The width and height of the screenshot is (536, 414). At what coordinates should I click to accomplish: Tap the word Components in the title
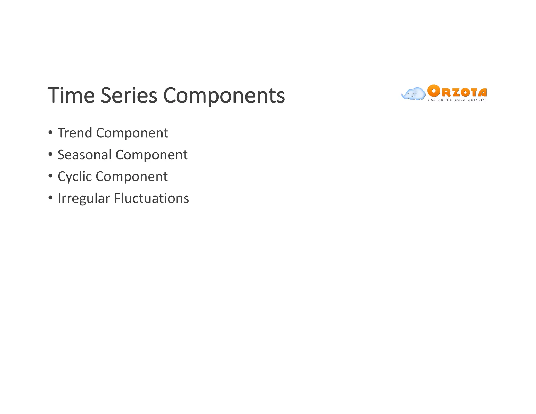point(224,96)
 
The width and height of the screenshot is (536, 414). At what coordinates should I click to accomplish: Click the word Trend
point(75,133)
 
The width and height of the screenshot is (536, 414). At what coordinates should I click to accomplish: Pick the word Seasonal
point(85,155)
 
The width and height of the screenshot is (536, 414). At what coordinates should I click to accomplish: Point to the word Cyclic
point(75,177)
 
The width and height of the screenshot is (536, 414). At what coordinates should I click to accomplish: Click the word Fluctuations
point(152,198)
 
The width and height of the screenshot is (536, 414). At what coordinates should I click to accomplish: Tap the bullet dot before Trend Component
point(50,132)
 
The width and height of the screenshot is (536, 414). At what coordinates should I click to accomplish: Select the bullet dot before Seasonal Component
point(50,154)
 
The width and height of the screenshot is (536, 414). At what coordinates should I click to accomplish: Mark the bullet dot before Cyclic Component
point(50,176)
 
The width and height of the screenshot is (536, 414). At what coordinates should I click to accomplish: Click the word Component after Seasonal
point(152,155)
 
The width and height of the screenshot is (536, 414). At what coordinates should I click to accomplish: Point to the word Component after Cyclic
point(132,177)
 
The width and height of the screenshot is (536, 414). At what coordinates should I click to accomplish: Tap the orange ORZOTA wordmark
point(457,91)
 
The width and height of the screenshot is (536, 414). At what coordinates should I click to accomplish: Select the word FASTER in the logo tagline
point(435,100)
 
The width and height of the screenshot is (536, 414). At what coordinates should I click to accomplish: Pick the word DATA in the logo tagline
point(460,100)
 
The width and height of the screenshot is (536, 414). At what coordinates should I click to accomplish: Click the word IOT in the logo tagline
point(483,100)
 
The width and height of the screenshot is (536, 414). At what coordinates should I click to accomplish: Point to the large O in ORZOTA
point(433,91)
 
